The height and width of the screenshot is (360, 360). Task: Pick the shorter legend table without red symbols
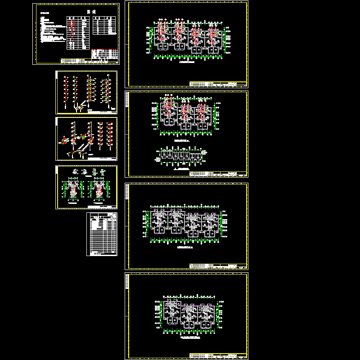103,25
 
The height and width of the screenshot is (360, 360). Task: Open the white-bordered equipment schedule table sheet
102,234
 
